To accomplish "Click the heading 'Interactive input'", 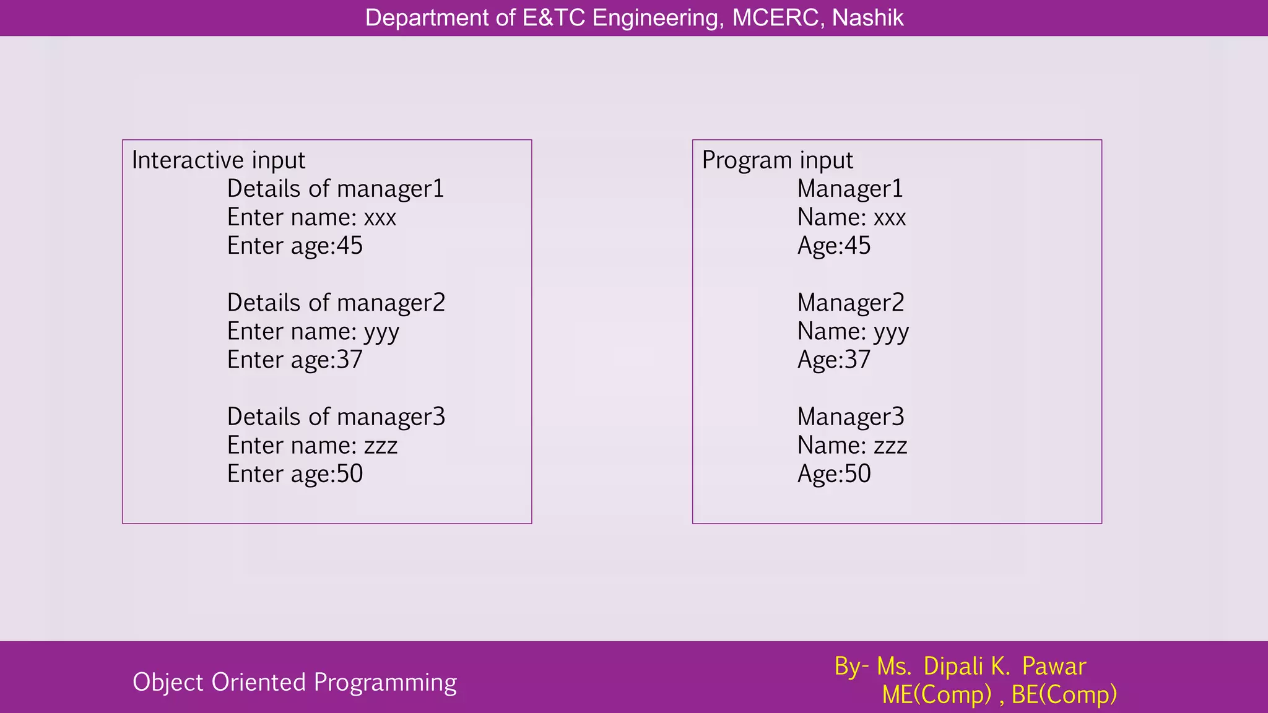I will click(x=218, y=160).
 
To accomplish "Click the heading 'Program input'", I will click(x=777, y=160).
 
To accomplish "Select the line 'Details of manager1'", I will click(x=336, y=189).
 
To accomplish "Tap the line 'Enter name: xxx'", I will click(x=311, y=217).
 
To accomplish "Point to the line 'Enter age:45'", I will click(x=295, y=246).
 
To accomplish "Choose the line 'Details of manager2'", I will click(x=336, y=303).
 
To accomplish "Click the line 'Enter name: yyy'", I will click(x=313, y=332).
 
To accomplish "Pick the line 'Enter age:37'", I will click(x=295, y=360).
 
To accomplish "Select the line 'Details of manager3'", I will click(x=336, y=417).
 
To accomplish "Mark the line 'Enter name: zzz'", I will click(x=312, y=445).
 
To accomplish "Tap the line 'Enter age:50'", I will click(x=295, y=473).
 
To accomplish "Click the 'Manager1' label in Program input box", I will click(x=850, y=189).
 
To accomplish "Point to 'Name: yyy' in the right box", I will click(x=853, y=332).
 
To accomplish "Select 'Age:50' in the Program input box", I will click(x=834, y=473).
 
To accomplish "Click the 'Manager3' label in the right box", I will click(x=851, y=417).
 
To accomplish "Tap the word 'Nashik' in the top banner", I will click(x=867, y=18).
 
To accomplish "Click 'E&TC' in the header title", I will click(x=554, y=18).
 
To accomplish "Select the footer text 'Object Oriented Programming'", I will click(x=295, y=682).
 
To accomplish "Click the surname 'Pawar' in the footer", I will click(x=1054, y=667).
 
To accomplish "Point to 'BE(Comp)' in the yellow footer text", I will click(x=1064, y=694).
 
